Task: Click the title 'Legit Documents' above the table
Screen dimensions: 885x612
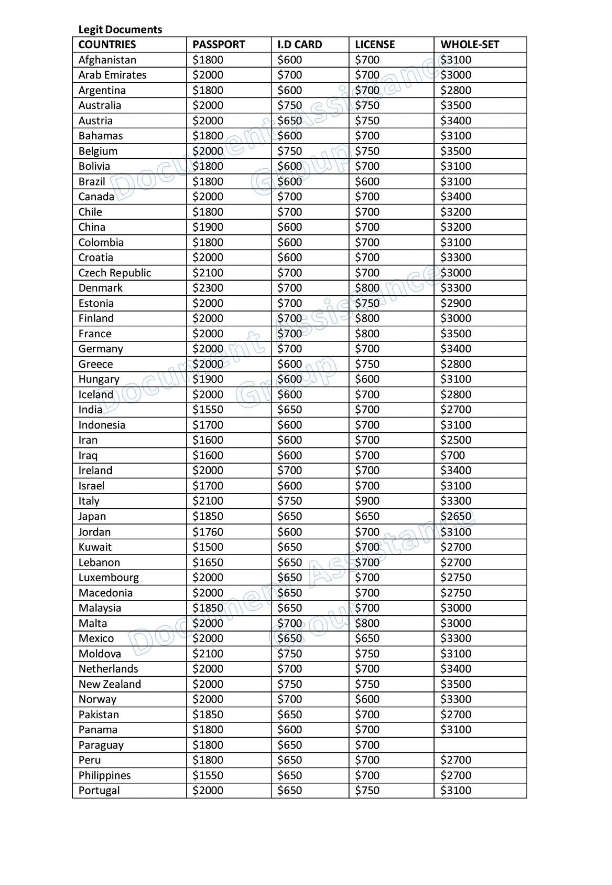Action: pyautogui.click(x=120, y=30)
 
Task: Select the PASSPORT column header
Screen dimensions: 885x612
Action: pyautogui.click(x=218, y=44)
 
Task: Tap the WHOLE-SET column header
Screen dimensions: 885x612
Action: pyautogui.click(x=470, y=44)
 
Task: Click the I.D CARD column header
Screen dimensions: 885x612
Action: pyautogui.click(x=300, y=44)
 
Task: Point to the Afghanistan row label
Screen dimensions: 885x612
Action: pyautogui.click(x=107, y=60)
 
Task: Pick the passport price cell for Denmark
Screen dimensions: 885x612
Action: pyautogui.click(x=208, y=288)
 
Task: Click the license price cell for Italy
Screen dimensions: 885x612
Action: pyautogui.click(x=367, y=501)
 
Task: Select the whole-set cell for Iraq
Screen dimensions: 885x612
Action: pyautogui.click(x=452, y=455)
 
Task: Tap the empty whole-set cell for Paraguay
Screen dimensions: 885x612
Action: pyautogui.click(x=480, y=745)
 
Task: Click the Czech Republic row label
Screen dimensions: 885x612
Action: pyautogui.click(x=115, y=273)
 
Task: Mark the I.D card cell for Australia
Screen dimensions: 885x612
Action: pyautogui.click(x=290, y=106)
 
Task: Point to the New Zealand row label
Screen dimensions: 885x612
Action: pyautogui.click(x=110, y=684)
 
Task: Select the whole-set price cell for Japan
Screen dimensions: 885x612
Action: pyautogui.click(x=456, y=516)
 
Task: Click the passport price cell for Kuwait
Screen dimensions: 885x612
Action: pyautogui.click(x=208, y=547)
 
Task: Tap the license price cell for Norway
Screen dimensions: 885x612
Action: pyautogui.click(x=367, y=699)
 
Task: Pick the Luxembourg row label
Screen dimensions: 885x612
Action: pyautogui.click(x=108, y=577)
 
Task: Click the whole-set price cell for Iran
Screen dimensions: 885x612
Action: pyautogui.click(x=456, y=440)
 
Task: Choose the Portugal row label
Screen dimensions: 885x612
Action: pyautogui.click(x=99, y=791)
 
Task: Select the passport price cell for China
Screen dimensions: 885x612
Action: pyautogui.click(x=208, y=227)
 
